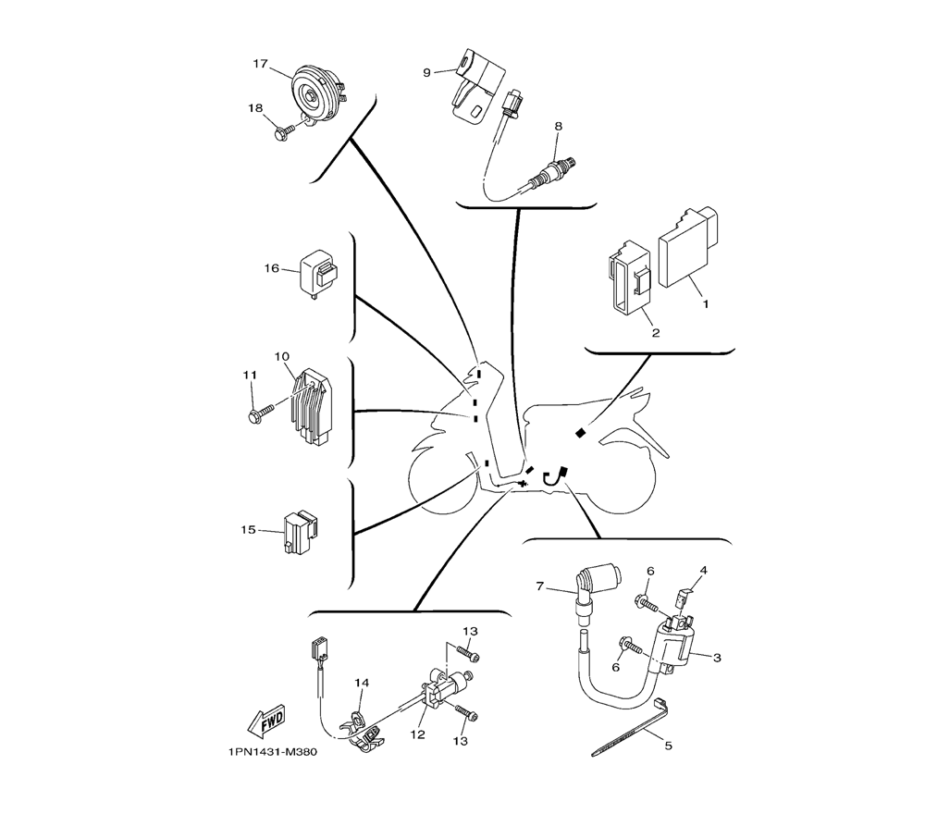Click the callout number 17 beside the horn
point(260,65)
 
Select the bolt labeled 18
point(285,132)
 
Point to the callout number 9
point(426,72)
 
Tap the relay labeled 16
point(319,269)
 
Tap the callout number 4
point(703,571)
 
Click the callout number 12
point(418,734)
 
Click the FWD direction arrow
point(267,718)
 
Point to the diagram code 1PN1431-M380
point(271,752)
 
